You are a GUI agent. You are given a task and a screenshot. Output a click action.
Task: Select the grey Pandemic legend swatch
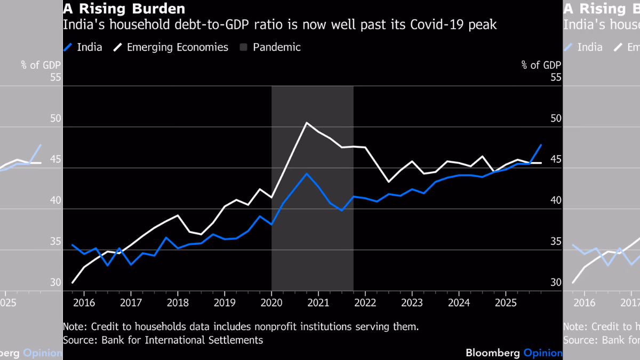coord(243,47)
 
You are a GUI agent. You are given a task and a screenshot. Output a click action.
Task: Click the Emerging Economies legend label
coord(178,47)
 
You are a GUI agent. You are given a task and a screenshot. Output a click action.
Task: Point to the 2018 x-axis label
coord(178,303)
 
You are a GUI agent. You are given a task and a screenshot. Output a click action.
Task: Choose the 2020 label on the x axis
coord(271,303)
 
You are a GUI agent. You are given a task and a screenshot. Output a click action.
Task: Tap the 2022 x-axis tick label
coord(365,303)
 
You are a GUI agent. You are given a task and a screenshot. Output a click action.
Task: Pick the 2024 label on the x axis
coord(459,303)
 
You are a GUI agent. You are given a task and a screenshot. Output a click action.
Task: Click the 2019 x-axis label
coord(225,303)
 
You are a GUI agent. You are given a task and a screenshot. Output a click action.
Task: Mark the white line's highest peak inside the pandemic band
coord(307,123)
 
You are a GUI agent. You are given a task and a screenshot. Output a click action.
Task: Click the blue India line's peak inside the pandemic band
coord(307,174)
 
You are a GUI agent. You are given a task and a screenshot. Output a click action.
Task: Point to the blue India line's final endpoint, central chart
coord(541,145)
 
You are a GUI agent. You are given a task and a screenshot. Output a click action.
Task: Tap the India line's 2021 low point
coord(342,211)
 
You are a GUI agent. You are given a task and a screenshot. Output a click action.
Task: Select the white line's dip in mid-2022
coord(389,182)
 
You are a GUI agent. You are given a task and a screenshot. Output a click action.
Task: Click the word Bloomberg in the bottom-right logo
coord(493,353)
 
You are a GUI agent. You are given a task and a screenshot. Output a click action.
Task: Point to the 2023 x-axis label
coord(412,303)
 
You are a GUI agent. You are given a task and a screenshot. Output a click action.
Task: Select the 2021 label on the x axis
coord(318,303)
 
